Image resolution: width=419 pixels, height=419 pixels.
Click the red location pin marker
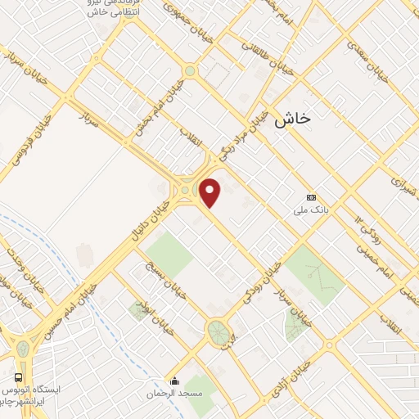tap(210, 193)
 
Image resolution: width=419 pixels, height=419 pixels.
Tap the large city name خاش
tap(294, 119)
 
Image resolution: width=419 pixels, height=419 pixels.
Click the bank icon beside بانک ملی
tap(311, 197)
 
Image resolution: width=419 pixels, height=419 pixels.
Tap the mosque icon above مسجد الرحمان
tap(173, 381)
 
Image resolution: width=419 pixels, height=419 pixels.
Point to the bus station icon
tap(18, 377)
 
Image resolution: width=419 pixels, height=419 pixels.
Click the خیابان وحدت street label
tap(20, 264)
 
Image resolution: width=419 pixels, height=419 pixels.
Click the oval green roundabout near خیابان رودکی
tap(219, 331)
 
